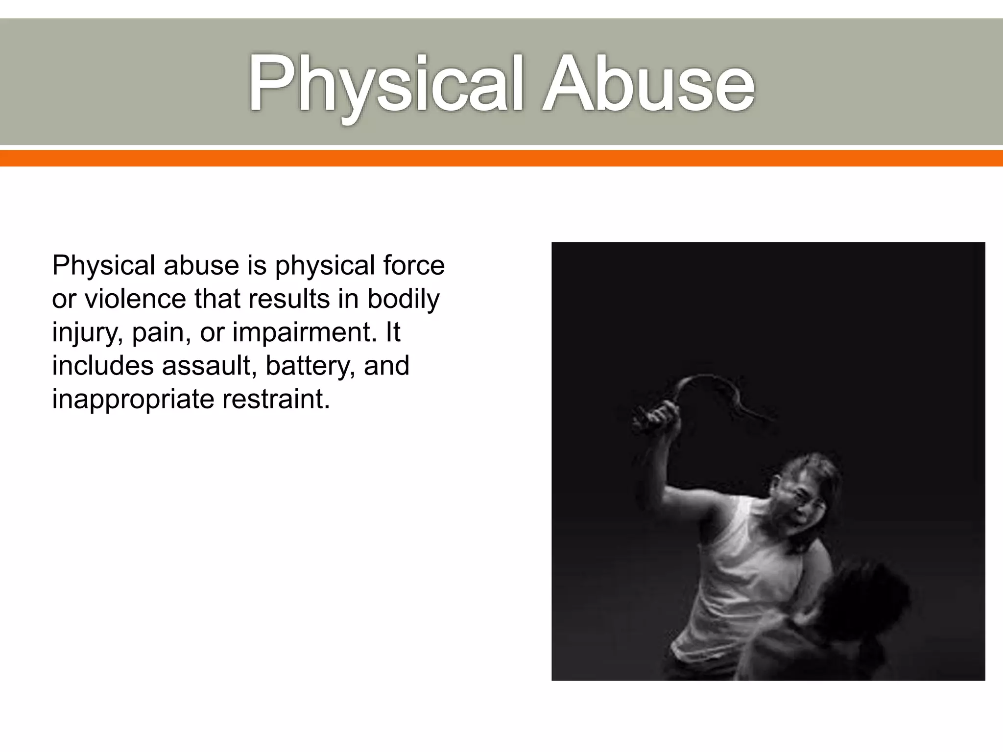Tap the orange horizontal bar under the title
pos(501,158)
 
